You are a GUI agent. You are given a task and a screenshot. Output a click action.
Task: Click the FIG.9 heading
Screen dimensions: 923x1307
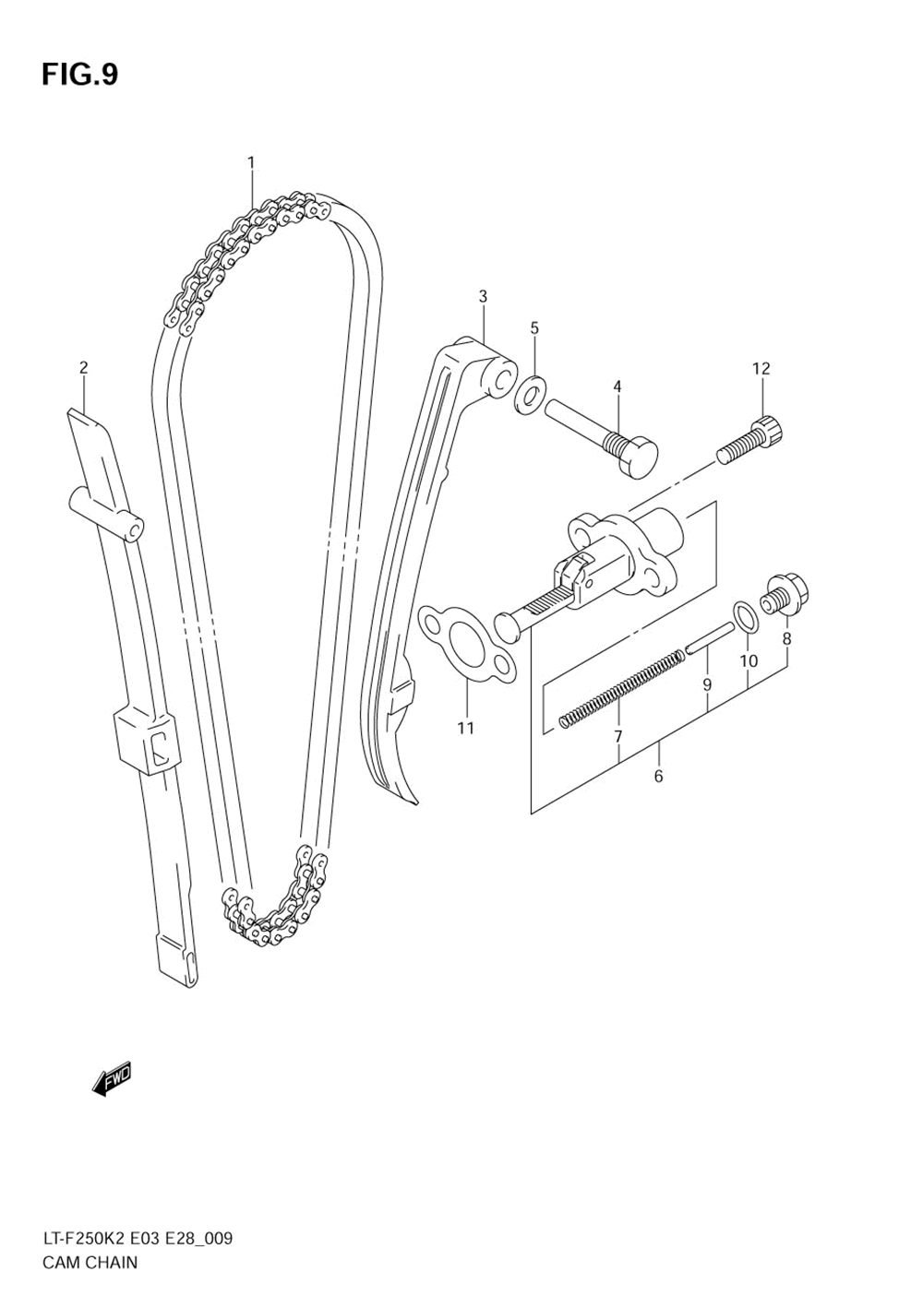click(x=79, y=74)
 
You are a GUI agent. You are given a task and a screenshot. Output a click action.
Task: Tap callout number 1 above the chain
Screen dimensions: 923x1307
click(x=250, y=162)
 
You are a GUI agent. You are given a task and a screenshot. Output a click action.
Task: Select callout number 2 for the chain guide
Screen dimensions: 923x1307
click(x=83, y=368)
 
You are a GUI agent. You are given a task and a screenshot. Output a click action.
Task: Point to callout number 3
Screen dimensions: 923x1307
click(x=483, y=296)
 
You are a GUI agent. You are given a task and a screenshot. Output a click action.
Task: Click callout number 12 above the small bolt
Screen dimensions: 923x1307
click(x=761, y=369)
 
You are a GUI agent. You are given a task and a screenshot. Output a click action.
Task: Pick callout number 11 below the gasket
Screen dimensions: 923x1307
click(x=466, y=728)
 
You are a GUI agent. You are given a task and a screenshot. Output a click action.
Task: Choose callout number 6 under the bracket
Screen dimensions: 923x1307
click(x=658, y=776)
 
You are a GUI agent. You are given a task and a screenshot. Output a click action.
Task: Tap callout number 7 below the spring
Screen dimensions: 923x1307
click(x=617, y=735)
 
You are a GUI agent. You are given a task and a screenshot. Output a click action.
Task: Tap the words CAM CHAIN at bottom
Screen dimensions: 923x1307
click(x=90, y=1263)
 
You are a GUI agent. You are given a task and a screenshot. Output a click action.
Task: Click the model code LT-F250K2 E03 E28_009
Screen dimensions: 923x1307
click(x=137, y=1239)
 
